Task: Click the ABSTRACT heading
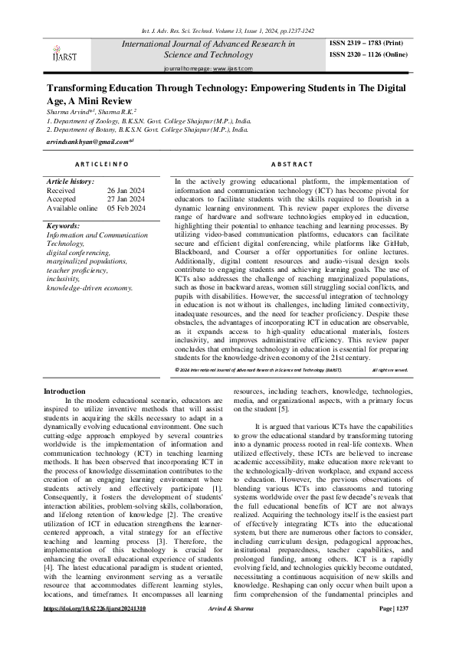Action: pyautogui.click(x=292, y=164)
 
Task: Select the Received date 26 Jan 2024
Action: pyautogui.click(x=126, y=190)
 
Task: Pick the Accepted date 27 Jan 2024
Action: pyautogui.click(x=126, y=199)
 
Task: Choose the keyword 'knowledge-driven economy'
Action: pyautogui.click(x=90, y=288)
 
